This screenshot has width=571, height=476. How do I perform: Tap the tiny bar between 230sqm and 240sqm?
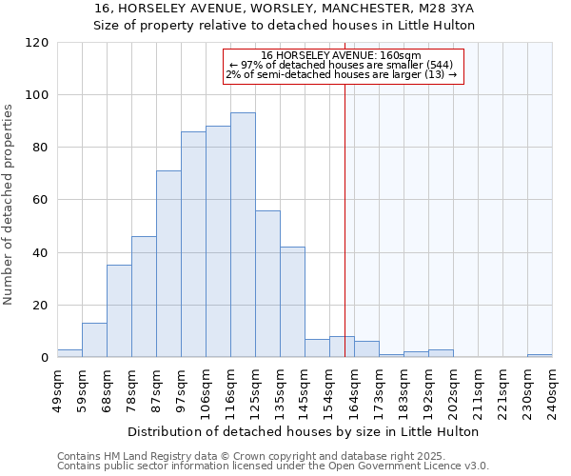pos(540,355)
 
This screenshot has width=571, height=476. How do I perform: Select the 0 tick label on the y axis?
pos(45,358)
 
